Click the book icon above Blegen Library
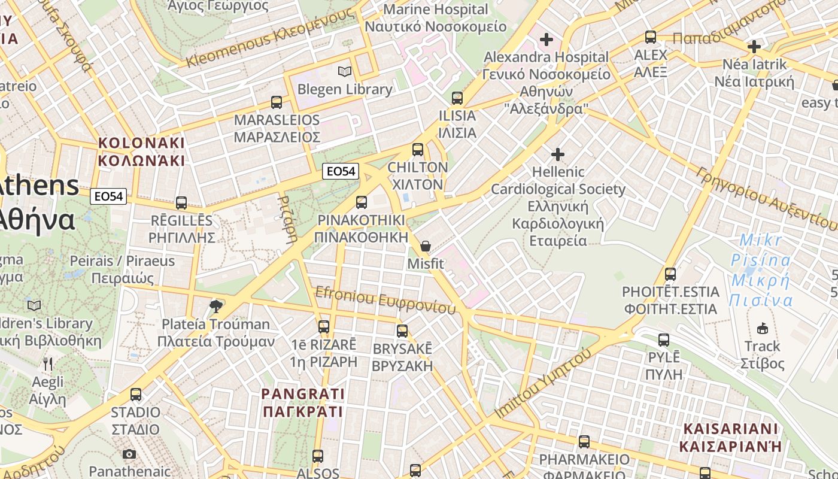click(x=345, y=72)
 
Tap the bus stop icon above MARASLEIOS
click(x=277, y=102)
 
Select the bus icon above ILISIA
click(x=457, y=98)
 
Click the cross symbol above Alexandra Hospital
click(x=546, y=40)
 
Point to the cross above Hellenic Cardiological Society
click(x=558, y=154)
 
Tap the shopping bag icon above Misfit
click(x=426, y=246)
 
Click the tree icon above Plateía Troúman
click(x=215, y=307)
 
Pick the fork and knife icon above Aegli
click(x=48, y=363)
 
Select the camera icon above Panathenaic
click(x=129, y=454)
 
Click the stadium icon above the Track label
click(x=762, y=328)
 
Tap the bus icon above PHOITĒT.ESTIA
click(x=670, y=274)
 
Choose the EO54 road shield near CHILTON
click(x=340, y=171)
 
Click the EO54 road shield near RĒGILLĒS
click(x=109, y=196)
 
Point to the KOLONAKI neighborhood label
click(x=141, y=151)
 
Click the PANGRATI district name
click(x=303, y=402)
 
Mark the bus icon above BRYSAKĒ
click(x=402, y=331)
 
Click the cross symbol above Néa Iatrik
click(x=754, y=46)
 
